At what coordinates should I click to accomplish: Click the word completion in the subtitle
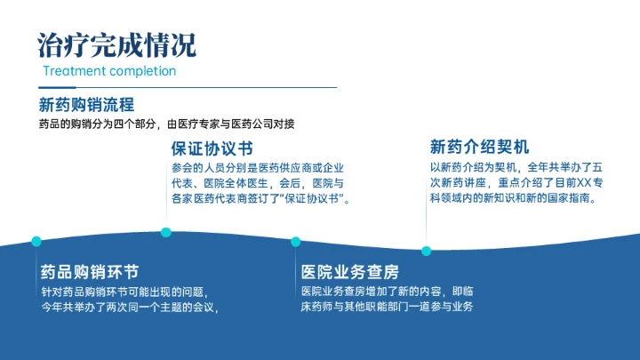pos(143,71)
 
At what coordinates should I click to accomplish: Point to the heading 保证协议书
pos(212,148)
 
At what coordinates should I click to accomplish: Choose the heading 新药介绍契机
pos(480,147)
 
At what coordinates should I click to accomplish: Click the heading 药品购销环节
pos(89,271)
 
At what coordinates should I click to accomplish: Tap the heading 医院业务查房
pos(349,271)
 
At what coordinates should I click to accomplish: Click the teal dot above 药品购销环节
pos(36,241)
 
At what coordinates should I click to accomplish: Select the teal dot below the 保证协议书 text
pos(166,232)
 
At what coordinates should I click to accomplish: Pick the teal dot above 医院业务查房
pos(295,241)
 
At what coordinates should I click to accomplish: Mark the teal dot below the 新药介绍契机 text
pos(427,251)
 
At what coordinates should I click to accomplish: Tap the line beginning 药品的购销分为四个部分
pos(166,124)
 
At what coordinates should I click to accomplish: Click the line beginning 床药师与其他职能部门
pos(387,307)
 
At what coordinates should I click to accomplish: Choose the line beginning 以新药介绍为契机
pos(516,167)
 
